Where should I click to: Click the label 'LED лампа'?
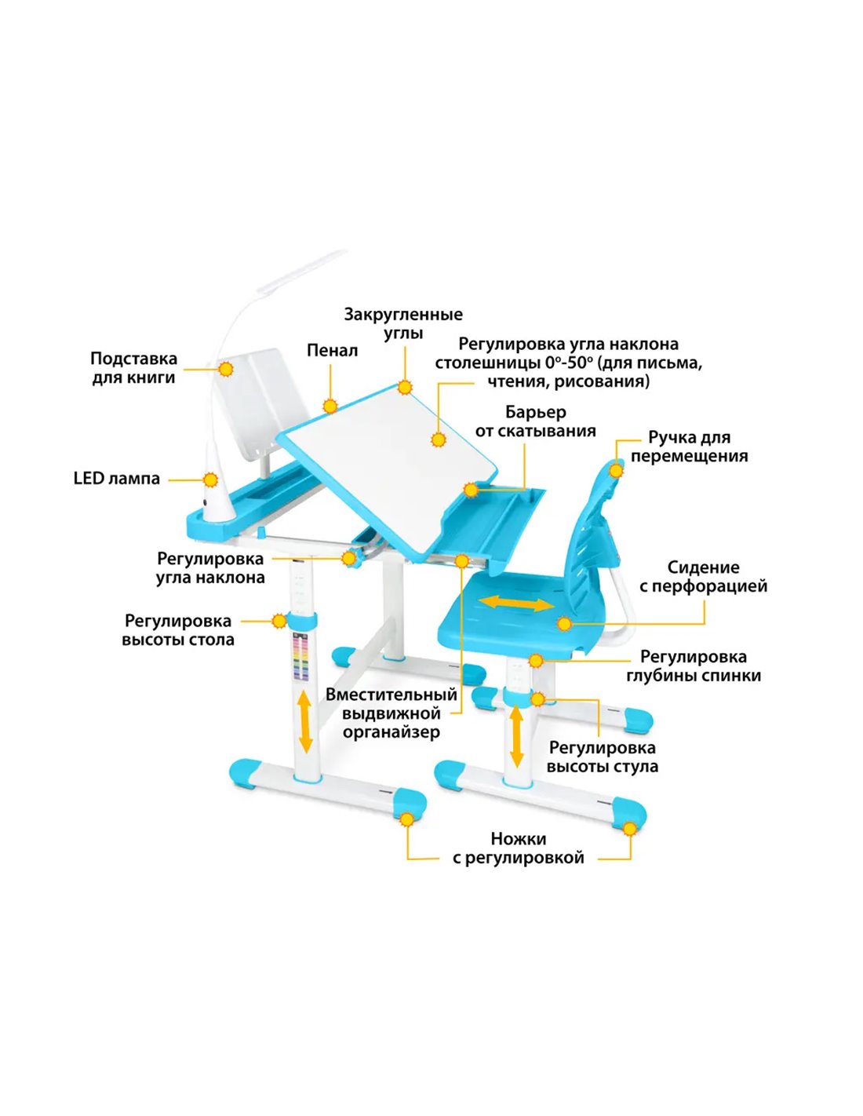117,479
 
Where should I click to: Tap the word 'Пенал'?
332,351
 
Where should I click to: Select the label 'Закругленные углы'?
403,323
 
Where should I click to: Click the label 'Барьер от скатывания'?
536,421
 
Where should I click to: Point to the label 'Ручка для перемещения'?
689,447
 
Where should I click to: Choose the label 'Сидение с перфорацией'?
703,577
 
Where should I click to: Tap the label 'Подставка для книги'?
133,368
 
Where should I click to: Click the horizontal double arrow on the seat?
518,604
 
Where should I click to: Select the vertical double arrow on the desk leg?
305,722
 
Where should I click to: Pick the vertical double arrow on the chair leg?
516,736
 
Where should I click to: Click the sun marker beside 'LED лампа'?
210,480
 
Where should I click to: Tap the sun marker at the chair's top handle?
616,469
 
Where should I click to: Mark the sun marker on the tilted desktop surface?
438,439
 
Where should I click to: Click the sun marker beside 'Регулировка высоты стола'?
279,621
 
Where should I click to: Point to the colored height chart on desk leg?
300,658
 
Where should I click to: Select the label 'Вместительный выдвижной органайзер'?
391,713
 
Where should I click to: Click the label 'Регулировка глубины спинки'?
693,666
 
